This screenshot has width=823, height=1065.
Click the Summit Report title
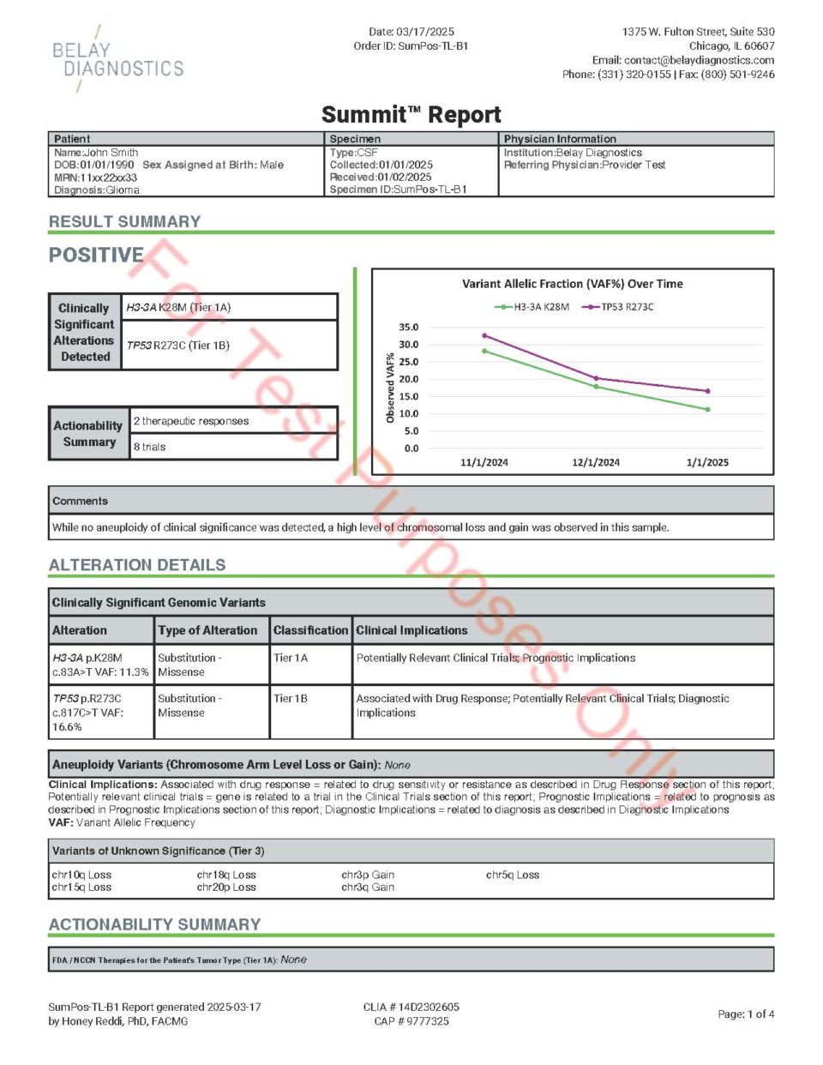click(x=411, y=115)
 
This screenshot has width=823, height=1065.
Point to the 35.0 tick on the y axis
click(x=409, y=328)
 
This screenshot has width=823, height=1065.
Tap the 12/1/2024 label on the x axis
click(x=596, y=462)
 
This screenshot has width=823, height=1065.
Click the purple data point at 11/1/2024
click(x=484, y=336)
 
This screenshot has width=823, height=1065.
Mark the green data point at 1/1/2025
click(x=707, y=410)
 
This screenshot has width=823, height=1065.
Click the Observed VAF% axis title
click(x=390, y=388)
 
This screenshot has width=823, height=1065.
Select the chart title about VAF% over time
click(x=572, y=284)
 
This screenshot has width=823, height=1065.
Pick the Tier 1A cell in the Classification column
click(x=291, y=658)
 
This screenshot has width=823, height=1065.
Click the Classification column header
click(x=310, y=630)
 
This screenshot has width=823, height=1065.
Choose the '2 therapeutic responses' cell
click(x=191, y=421)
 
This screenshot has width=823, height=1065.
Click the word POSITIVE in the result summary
click(x=96, y=255)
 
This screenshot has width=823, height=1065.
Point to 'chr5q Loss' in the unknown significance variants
click(x=513, y=875)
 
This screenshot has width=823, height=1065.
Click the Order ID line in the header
click(x=411, y=46)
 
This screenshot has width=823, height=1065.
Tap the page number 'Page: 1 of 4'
click(x=746, y=1014)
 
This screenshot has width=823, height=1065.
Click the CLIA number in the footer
click(x=411, y=1007)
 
